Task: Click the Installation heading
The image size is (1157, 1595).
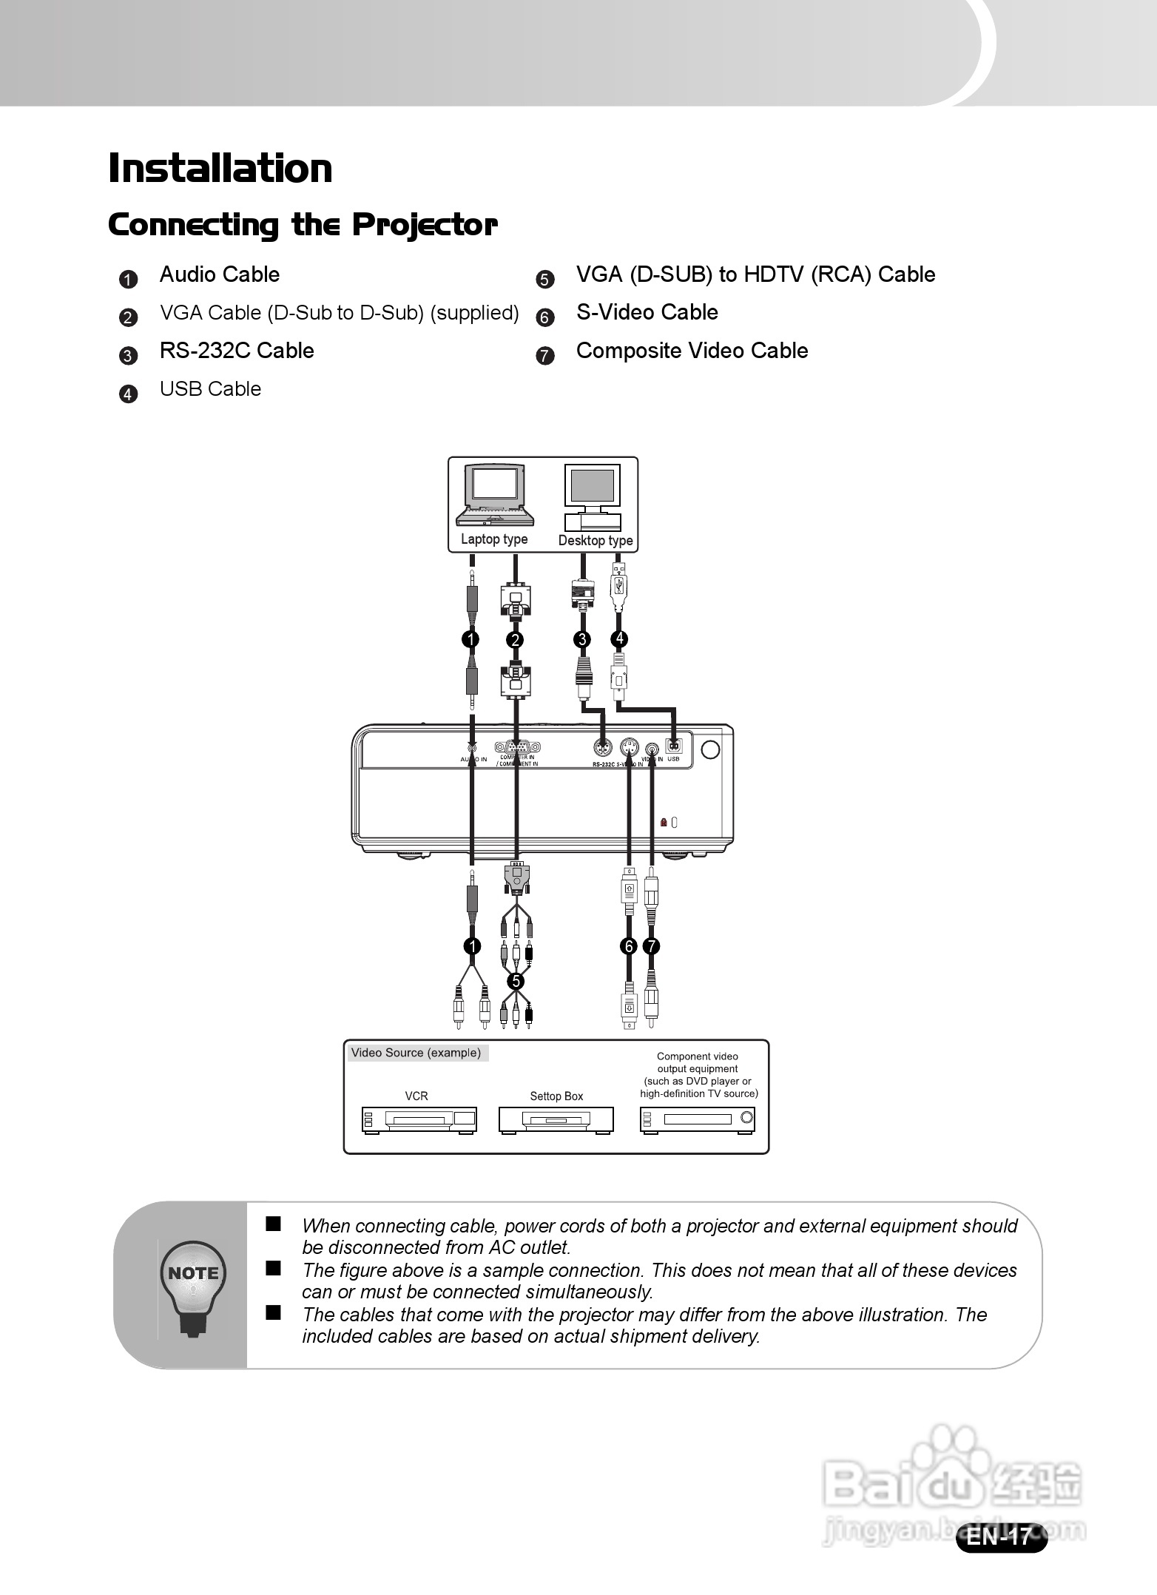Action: pos(220,169)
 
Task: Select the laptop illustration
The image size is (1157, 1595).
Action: pos(495,495)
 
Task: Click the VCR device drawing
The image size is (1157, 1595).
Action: pos(419,1120)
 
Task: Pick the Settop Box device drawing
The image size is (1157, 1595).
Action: pos(556,1120)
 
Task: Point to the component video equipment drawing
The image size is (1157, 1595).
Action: pos(697,1120)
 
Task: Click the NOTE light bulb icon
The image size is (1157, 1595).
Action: pos(193,1288)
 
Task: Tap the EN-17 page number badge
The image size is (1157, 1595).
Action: pos(1001,1537)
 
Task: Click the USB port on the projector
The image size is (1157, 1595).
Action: pos(673,746)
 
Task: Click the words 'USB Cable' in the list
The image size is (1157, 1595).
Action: pos(210,389)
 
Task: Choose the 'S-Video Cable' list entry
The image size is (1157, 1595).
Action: pos(647,312)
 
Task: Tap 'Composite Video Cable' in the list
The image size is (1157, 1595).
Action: pos(692,351)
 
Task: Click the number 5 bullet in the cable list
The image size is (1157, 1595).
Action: pos(544,280)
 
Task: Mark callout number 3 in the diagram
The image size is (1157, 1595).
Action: pos(583,639)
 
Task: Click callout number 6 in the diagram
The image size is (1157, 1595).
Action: pos(628,946)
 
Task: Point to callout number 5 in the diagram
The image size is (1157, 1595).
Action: pos(516,981)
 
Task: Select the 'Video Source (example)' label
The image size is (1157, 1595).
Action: pos(416,1053)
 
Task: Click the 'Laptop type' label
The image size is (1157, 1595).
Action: pos(494,539)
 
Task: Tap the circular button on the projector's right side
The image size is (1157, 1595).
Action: pos(709,749)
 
